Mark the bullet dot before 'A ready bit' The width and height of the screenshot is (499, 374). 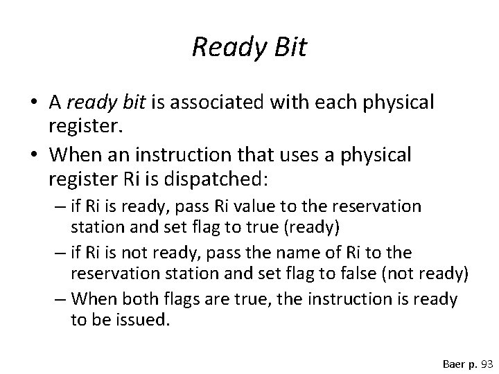33,103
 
